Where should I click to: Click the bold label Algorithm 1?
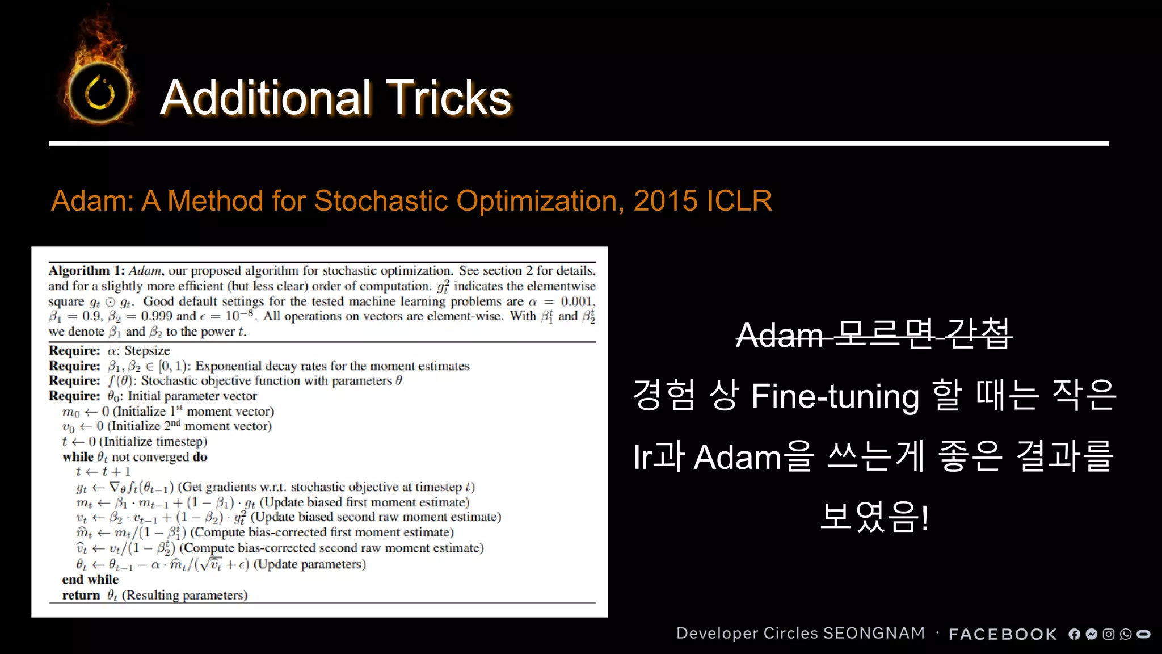coord(87,271)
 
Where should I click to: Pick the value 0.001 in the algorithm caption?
coord(578,301)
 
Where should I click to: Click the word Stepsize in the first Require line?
coord(147,351)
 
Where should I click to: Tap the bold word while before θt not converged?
coord(78,457)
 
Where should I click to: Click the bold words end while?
coord(90,580)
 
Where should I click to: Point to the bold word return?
coord(81,595)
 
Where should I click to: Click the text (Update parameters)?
coord(309,564)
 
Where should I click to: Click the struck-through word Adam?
coord(779,335)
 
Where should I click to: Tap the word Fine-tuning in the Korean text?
coord(835,396)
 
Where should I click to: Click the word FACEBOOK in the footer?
coord(1003,634)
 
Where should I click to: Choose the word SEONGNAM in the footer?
coord(874,633)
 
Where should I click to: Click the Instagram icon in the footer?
coord(1108,634)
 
